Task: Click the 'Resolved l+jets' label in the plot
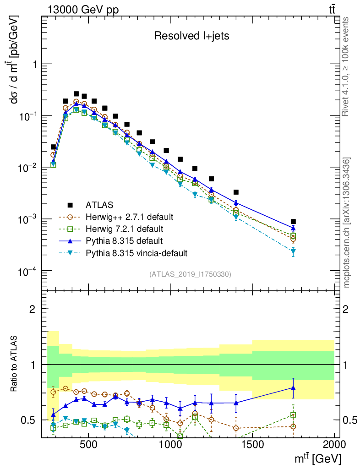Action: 191,36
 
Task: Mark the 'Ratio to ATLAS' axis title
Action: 16,364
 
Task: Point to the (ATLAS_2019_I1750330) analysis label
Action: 190,274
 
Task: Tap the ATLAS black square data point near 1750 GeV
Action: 293,222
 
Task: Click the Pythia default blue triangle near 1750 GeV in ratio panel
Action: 293,388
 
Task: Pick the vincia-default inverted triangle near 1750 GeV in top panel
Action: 293,251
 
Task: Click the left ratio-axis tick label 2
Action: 33,309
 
